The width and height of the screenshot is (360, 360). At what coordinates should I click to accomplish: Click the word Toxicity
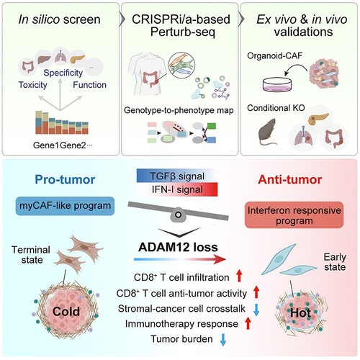point(32,85)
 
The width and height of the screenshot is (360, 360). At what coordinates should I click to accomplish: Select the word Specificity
point(63,73)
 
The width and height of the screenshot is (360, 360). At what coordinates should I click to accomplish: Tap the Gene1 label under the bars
point(46,145)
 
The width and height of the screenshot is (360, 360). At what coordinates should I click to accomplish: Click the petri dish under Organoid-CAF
point(278,84)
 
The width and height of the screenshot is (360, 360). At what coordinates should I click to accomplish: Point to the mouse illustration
point(268,132)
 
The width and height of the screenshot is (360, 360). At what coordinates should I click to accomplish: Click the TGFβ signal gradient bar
point(177,176)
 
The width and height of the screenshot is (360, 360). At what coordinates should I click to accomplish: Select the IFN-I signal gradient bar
point(177,189)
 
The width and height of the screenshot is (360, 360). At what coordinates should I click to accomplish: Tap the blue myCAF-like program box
point(65,206)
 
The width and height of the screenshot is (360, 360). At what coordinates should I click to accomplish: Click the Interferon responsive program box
point(294,215)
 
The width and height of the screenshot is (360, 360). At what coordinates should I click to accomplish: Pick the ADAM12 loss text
point(178,247)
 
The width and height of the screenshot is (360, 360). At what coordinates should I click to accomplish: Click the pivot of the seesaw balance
point(178,215)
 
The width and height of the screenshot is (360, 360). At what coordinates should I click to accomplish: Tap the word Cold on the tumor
point(66,312)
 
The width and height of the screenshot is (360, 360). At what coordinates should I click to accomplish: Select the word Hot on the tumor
point(300,312)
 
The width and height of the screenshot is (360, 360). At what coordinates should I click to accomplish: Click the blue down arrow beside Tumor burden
point(223,339)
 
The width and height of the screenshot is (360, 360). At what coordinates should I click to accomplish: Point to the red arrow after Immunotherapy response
point(248,323)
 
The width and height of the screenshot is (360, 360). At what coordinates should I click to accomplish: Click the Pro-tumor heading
point(65,179)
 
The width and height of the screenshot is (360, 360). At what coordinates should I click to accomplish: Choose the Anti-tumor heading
point(290,179)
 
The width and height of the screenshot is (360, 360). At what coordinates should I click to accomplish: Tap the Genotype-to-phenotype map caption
point(179,110)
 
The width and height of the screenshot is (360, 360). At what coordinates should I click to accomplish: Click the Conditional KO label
point(276,108)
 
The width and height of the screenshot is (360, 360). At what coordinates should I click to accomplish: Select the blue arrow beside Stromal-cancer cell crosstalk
point(256,310)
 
